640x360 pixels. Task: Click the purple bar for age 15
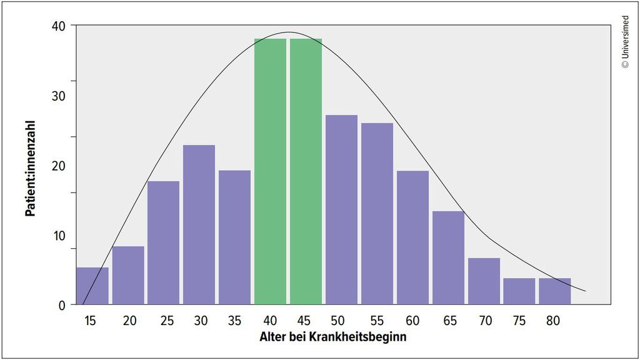92,286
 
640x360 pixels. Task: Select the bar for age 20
128,276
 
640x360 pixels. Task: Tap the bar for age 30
199,225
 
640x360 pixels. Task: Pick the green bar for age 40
270,172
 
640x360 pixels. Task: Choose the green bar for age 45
306,172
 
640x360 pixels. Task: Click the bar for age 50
341,210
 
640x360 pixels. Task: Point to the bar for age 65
448,258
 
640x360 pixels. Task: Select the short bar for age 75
519,291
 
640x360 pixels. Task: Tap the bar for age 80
555,291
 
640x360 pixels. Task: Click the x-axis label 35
235,321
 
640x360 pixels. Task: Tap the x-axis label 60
412,321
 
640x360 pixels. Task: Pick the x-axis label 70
484,321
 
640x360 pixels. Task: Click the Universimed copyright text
626,41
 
